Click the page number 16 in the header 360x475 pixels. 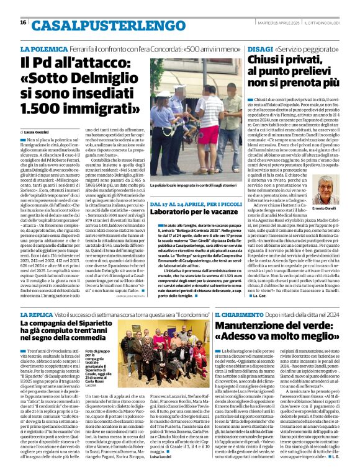(23, 22)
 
